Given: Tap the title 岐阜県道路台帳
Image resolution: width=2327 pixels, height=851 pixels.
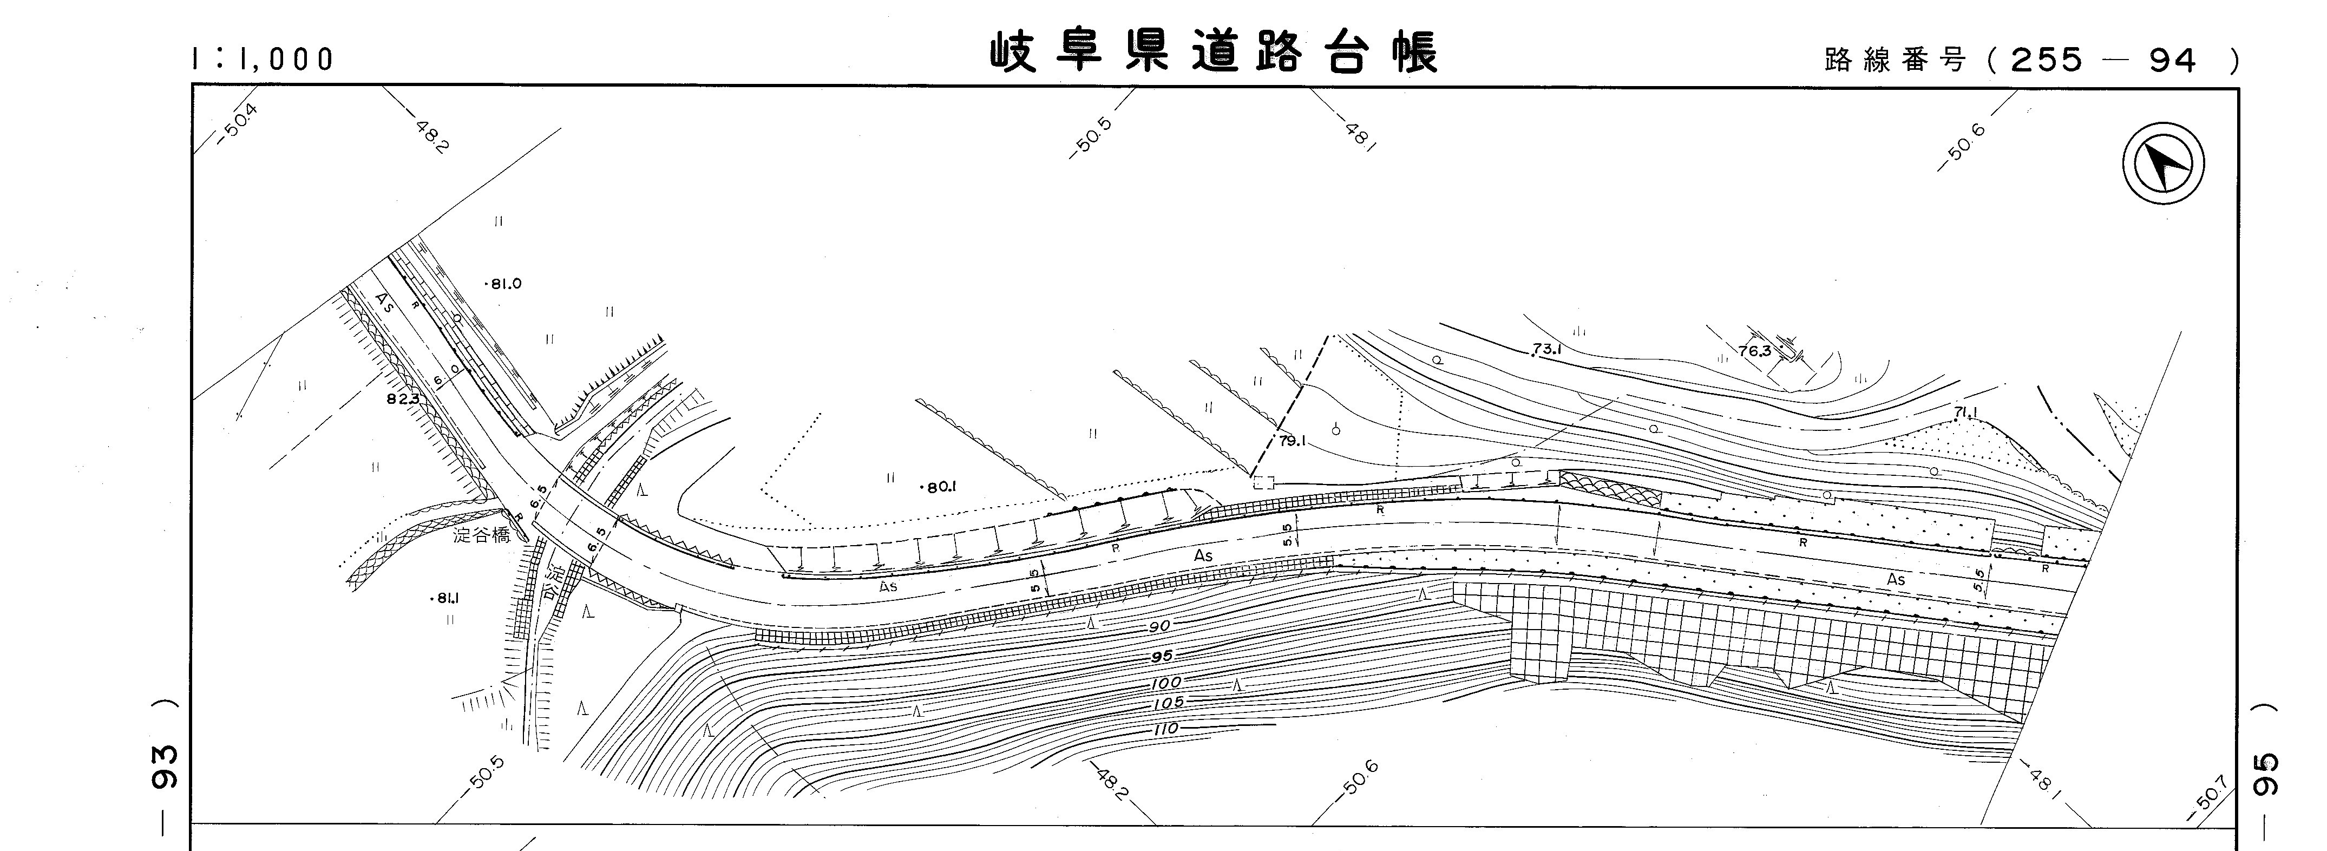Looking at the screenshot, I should coord(1213,53).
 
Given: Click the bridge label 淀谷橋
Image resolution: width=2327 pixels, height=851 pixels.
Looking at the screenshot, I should coord(482,535).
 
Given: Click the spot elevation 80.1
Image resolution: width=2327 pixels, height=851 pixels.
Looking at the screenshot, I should coord(940,487).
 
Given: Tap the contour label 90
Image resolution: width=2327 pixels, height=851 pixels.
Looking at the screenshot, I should coord(1160,626).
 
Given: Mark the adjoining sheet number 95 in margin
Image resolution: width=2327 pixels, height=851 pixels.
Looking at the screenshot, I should coord(2267,775).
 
